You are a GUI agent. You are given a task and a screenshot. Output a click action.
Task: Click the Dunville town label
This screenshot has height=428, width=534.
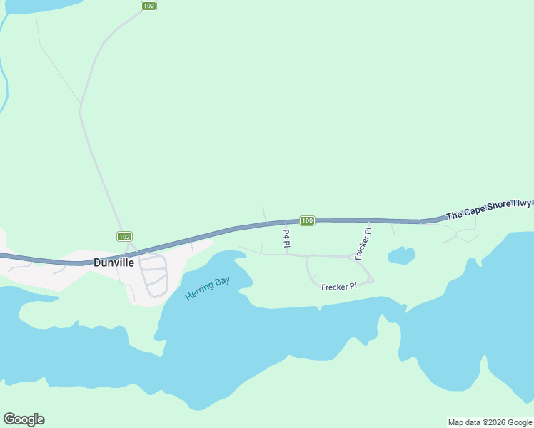[x=114, y=262]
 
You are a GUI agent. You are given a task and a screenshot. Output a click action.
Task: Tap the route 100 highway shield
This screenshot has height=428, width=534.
[x=307, y=220]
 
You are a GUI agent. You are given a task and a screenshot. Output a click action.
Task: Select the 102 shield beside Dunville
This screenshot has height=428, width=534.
[x=124, y=236]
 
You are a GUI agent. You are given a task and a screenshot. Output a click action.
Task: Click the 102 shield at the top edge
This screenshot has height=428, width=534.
[x=148, y=6]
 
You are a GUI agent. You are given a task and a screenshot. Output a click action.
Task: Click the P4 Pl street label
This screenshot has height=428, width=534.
[x=286, y=238]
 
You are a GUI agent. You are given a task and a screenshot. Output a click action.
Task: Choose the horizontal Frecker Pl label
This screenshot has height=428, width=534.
[x=339, y=287]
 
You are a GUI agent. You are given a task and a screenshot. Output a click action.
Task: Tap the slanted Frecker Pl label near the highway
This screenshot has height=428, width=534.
[x=363, y=243]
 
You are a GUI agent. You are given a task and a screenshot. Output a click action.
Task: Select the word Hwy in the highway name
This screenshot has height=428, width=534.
[x=522, y=204]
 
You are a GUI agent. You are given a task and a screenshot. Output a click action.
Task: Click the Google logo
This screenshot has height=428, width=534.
[x=24, y=419]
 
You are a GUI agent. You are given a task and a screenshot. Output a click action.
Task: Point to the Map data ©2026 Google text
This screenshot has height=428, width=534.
[x=490, y=422]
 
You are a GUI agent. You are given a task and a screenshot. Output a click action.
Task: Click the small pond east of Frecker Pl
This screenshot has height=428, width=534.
[x=400, y=255]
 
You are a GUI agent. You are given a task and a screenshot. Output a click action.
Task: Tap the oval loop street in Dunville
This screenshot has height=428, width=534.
[x=154, y=275]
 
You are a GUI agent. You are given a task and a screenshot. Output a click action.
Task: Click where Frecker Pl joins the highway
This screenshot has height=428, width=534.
[x=369, y=221]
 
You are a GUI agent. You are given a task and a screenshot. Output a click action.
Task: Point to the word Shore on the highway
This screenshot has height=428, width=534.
[x=497, y=207]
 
